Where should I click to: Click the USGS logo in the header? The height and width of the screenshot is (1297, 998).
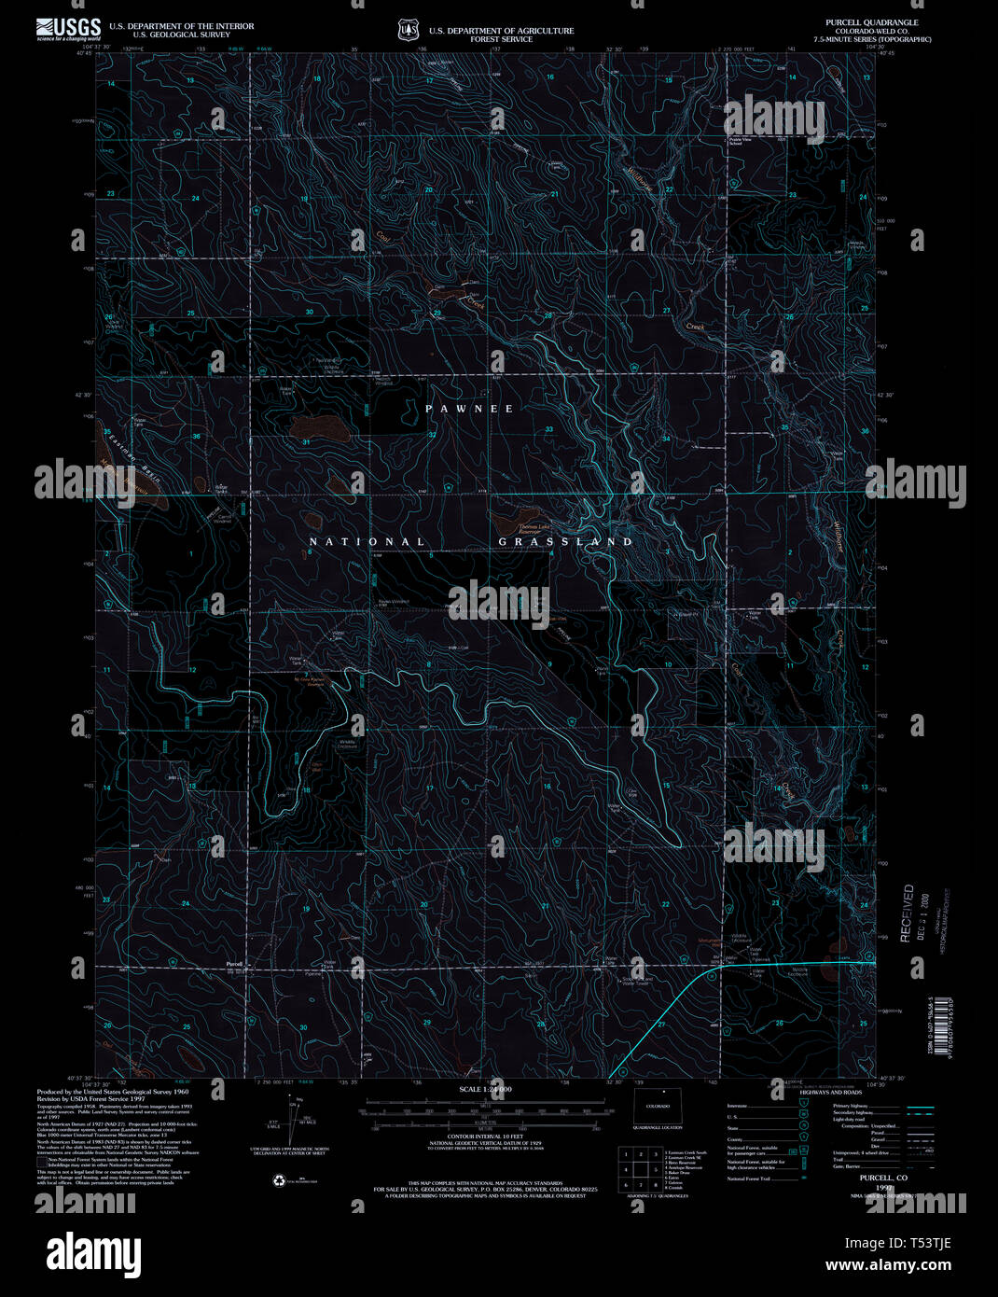pos(68,29)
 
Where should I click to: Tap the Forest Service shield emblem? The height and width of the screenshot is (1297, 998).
pos(407,31)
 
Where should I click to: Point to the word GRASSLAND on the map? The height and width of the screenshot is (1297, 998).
pos(565,541)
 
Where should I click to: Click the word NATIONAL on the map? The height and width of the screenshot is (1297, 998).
pos(367,541)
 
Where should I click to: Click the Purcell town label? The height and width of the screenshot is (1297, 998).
pos(234,963)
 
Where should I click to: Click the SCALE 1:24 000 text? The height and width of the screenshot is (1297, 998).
pos(485,1090)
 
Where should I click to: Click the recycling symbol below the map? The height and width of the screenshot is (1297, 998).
pos(279,1180)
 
